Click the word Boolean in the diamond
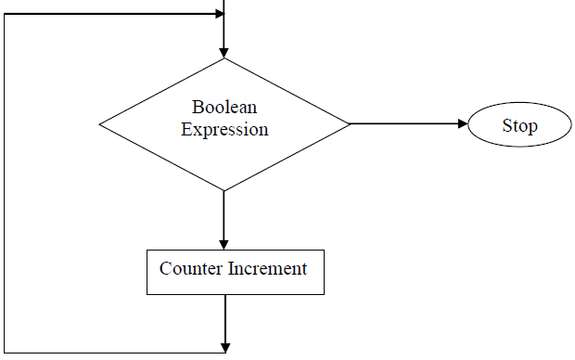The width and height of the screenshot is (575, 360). click(x=224, y=107)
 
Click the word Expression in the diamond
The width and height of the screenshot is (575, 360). click(x=224, y=129)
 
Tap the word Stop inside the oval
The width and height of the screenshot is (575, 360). click(x=519, y=125)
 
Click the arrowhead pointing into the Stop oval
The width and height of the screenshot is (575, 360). click(x=463, y=123)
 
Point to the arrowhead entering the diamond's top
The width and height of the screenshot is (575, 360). click(x=224, y=52)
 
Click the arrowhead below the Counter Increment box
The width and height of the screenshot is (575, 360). click(x=224, y=347)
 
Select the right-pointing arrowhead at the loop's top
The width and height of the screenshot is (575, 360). click(x=219, y=14)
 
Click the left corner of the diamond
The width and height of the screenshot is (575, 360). click(x=100, y=123)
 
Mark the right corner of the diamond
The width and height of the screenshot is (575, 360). click(x=349, y=123)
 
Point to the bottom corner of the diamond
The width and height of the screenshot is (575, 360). click(x=224, y=190)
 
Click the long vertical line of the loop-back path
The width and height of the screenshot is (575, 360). click(x=5, y=186)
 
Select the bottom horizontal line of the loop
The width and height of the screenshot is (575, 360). click(x=111, y=353)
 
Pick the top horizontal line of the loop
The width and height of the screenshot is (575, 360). click(x=111, y=14)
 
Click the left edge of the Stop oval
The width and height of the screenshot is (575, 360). click(x=468, y=125)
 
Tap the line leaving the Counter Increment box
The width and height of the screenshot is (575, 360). click(x=224, y=315)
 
